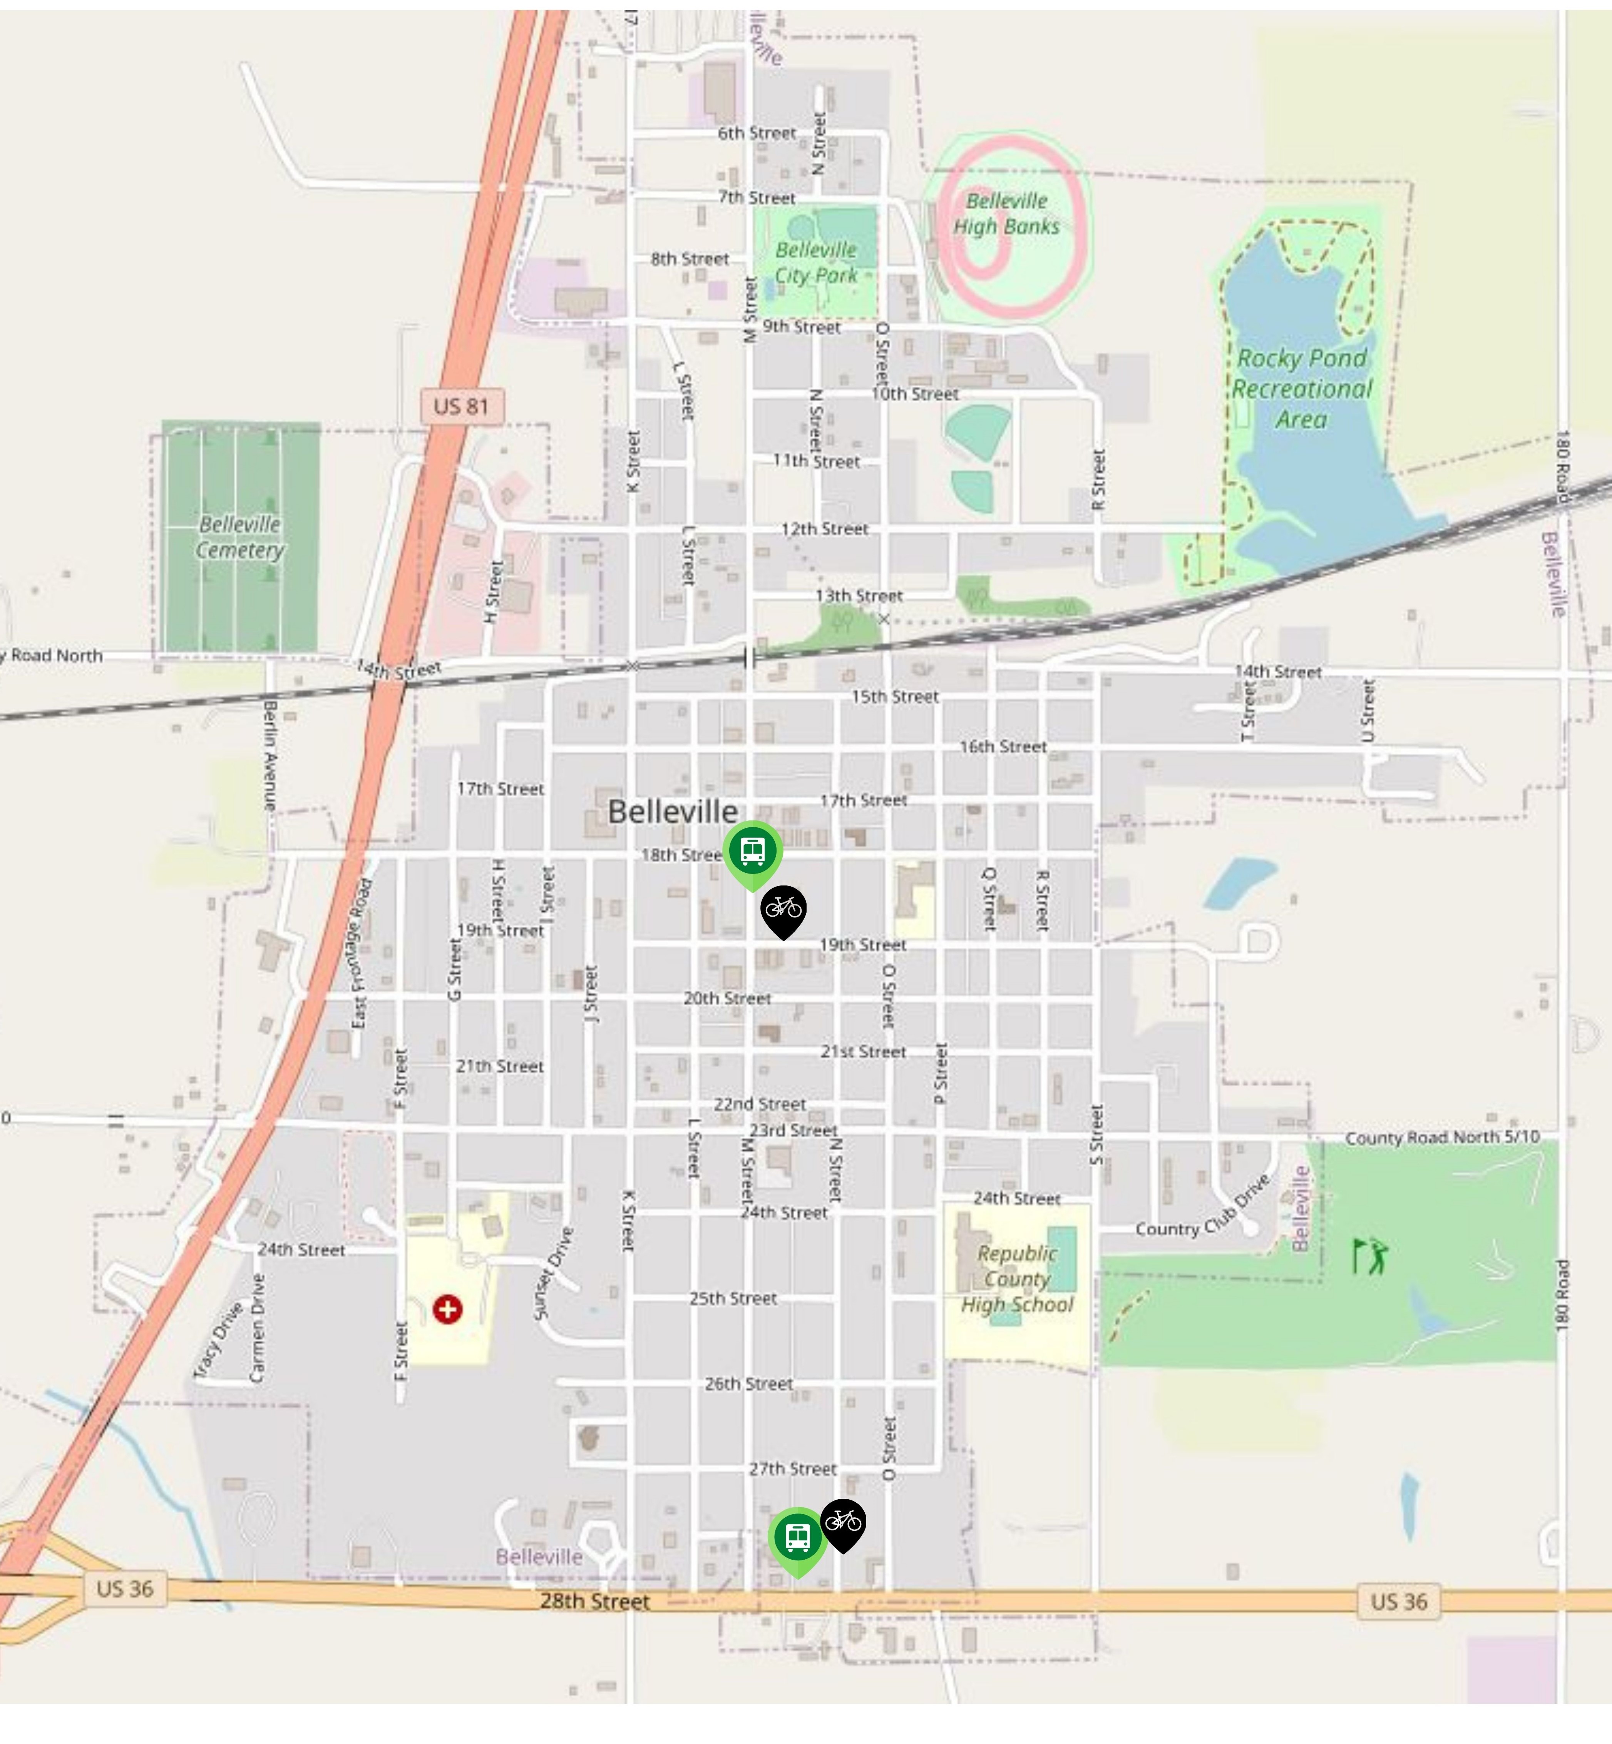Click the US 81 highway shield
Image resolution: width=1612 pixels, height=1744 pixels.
(x=462, y=406)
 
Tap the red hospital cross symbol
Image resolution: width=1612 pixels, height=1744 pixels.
(x=447, y=1309)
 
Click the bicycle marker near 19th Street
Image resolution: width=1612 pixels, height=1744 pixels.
(x=783, y=909)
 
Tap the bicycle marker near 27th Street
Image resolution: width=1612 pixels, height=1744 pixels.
(x=843, y=1522)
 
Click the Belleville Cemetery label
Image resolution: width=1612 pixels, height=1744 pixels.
(x=240, y=537)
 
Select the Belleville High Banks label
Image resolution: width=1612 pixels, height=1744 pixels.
(x=1007, y=214)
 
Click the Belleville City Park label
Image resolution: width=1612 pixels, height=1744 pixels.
(x=817, y=262)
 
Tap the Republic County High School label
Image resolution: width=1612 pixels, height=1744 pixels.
(x=1017, y=1279)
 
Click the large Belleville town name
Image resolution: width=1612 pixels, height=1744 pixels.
(x=673, y=812)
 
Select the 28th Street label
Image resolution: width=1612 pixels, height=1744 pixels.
(x=595, y=1601)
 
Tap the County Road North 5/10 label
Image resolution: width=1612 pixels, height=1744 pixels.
(x=1442, y=1137)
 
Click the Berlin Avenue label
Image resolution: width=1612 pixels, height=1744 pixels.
(x=270, y=755)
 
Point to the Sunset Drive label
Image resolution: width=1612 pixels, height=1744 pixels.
(x=553, y=1274)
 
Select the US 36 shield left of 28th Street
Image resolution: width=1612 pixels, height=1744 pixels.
(x=125, y=1588)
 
